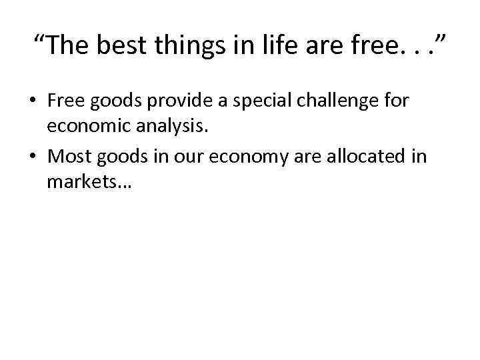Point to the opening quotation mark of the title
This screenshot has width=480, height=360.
point(41,39)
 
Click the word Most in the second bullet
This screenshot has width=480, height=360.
point(69,157)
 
